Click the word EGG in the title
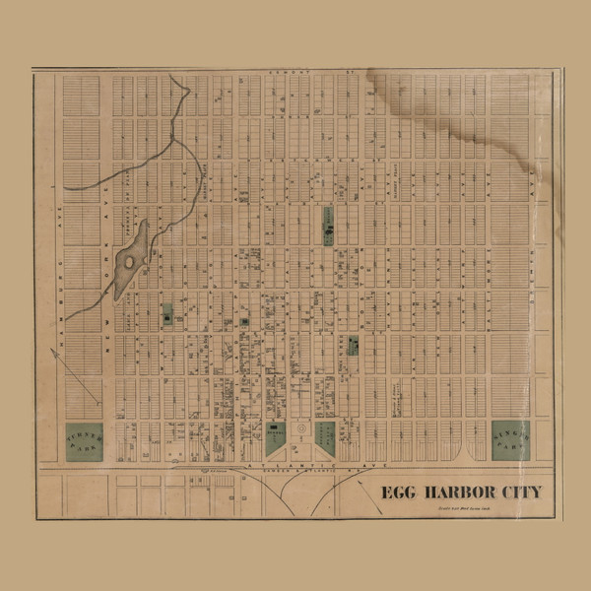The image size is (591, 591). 399,492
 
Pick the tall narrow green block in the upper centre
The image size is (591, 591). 328,226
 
